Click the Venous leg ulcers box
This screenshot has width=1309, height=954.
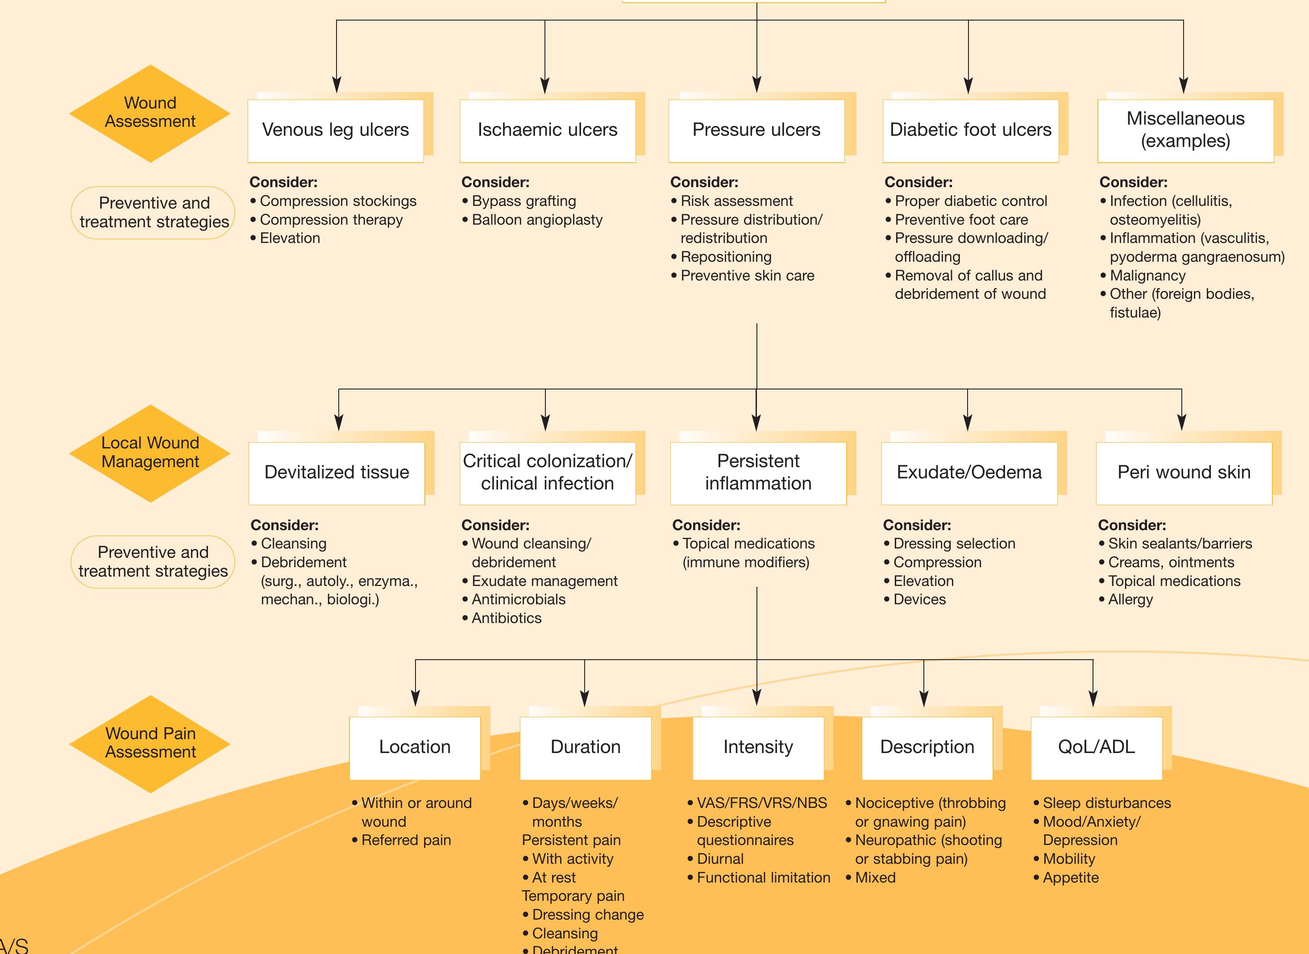click(x=335, y=130)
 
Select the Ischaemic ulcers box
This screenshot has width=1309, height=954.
click(x=547, y=130)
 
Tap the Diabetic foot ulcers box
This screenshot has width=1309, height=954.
click(x=970, y=130)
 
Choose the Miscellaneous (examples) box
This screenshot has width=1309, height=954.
click(x=1185, y=130)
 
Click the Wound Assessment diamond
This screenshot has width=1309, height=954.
click(x=150, y=113)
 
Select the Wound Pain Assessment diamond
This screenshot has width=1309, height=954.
click(x=150, y=743)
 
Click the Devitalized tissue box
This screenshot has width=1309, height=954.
click(x=337, y=473)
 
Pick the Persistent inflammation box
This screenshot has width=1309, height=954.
click(x=758, y=473)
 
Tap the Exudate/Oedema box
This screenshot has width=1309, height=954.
click(x=969, y=473)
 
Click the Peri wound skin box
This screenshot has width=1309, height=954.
click(x=1184, y=473)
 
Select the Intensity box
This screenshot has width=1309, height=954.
click(x=758, y=748)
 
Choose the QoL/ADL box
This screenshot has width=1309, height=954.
click(x=1096, y=748)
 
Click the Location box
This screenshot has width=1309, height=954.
click(x=415, y=748)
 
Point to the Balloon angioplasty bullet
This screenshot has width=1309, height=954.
click(x=537, y=220)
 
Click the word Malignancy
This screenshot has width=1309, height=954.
click(x=1147, y=276)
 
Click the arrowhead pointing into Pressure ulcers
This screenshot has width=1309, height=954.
click(x=756, y=85)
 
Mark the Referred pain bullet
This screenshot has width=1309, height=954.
click(x=406, y=840)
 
